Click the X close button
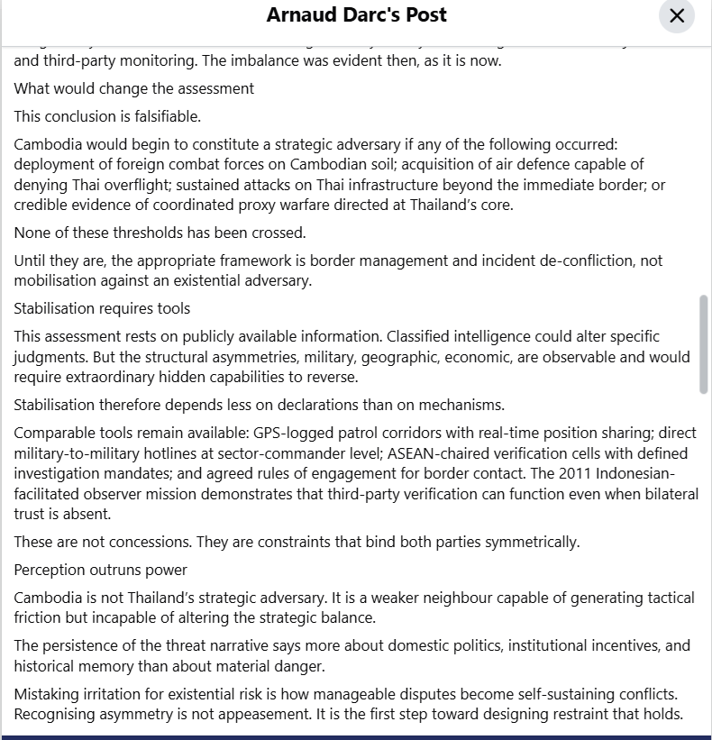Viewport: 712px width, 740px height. click(677, 16)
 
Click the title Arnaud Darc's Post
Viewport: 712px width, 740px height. click(357, 15)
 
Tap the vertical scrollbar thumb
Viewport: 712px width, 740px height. click(704, 343)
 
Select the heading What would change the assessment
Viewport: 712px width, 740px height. click(134, 88)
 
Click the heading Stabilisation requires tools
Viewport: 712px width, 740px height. click(102, 308)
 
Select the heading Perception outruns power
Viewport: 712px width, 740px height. click(101, 570)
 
